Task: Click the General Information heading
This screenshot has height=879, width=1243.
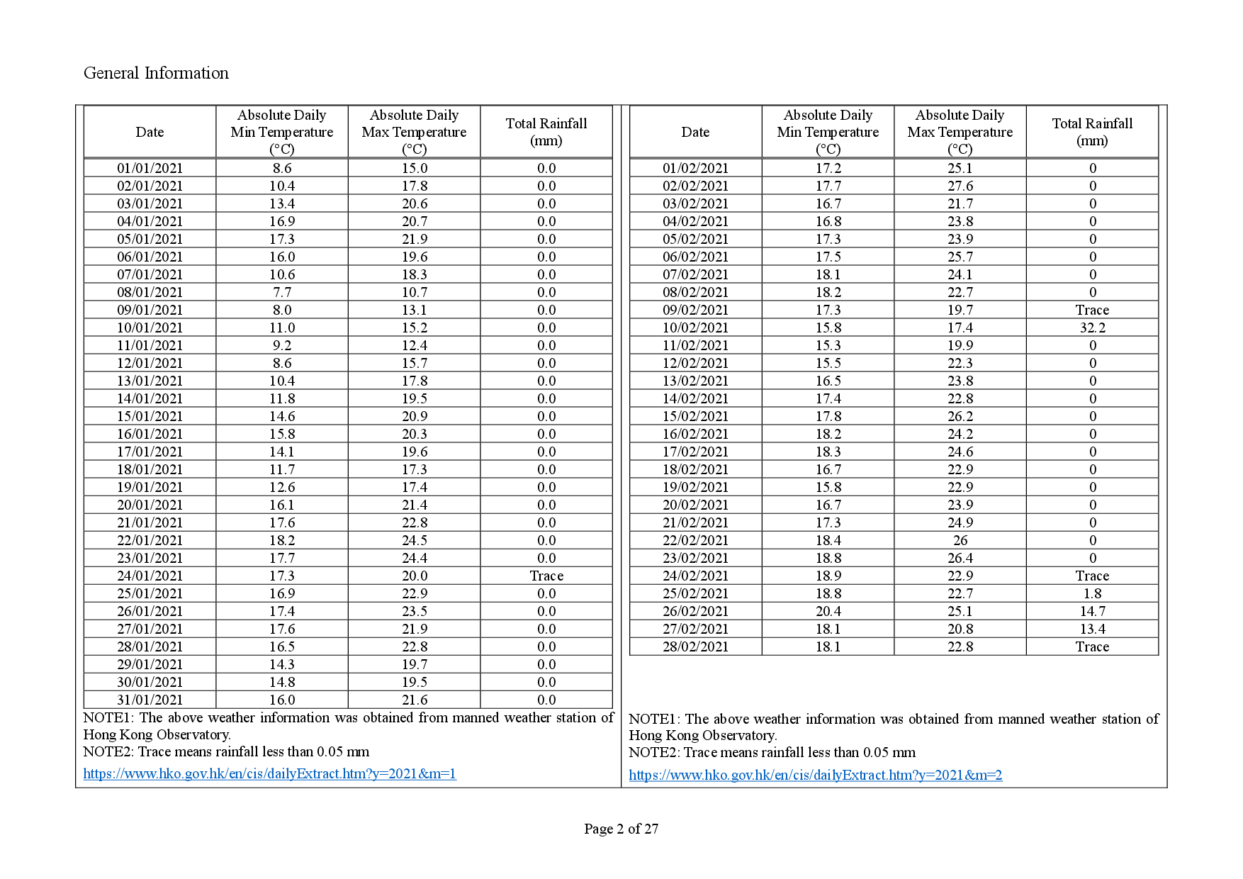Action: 156,73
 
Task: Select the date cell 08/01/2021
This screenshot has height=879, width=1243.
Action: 150,292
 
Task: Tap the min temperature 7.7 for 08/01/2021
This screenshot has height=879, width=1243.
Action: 282,292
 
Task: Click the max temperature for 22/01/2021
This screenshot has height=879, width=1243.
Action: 415,540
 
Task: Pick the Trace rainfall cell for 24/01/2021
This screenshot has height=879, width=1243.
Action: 546,576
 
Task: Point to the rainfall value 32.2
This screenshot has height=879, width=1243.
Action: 1092,327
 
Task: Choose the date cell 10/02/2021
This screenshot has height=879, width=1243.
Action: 695,327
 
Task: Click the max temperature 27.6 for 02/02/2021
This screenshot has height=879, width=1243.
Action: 960,186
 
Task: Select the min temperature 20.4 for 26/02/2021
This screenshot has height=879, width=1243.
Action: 828,611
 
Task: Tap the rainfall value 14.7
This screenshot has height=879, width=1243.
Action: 1092,611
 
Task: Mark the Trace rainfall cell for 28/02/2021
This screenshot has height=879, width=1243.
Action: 1092,646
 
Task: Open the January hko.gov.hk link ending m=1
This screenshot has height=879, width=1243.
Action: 269,773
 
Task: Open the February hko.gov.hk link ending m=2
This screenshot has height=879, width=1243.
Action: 815,775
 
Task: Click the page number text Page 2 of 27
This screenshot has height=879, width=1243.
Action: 621,829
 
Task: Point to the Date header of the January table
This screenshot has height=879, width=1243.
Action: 150,132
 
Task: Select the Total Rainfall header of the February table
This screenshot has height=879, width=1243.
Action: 1092,132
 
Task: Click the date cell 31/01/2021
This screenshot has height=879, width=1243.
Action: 150,700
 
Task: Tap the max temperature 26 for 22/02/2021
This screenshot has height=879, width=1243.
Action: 960,540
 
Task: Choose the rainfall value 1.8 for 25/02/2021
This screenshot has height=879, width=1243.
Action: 1092,593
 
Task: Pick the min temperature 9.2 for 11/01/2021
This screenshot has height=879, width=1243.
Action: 282,345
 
